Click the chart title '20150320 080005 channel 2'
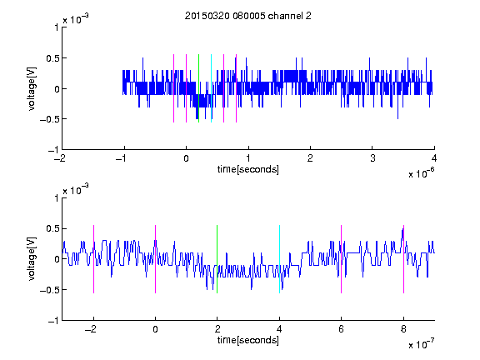[248, 16]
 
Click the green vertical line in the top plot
[198, 88]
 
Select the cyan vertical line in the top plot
[211, 88]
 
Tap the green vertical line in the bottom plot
[217, 259]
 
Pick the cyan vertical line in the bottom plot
[279, 259]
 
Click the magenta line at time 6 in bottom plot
[342, 259]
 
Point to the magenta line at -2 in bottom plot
[93, 259]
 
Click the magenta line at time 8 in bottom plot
[404, 259]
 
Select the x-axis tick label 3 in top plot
[372, 158]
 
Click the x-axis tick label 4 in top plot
[434, 158]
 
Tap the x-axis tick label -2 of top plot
[60, 158]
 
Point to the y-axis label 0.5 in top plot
[52, 58]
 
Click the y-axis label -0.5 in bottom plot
[49, 290]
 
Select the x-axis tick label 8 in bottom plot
[403, 329]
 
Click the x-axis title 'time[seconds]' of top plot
[248, 169]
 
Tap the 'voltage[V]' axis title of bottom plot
[32, 258]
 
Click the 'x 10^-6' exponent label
[421, 173]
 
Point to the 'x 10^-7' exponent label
[421, 344]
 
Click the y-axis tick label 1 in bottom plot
[57, 198]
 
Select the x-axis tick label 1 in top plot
[248, 158]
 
